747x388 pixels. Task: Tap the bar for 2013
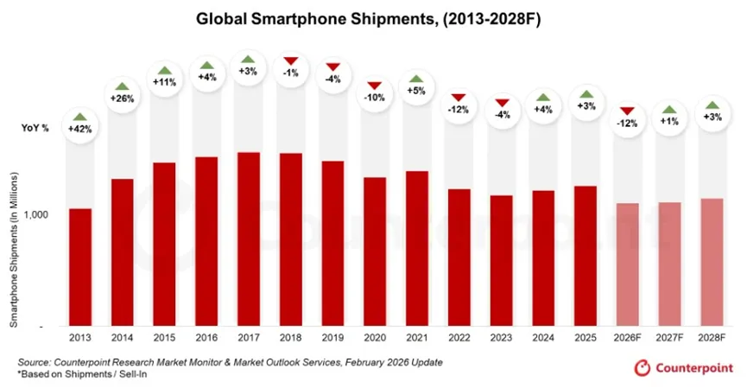pyautogui.click(x=80, y=267)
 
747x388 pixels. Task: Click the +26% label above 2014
pyautogui.click(x=123, y=98)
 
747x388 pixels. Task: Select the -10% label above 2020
pyautogui.click(x=375, y=97)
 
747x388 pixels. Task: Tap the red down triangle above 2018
pyautogui.click(x=291, y=61)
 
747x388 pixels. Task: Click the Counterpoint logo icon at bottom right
pyautogui.click(x=643, y=369)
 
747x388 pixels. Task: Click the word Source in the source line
pyautogui.click(x=35, y=362)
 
